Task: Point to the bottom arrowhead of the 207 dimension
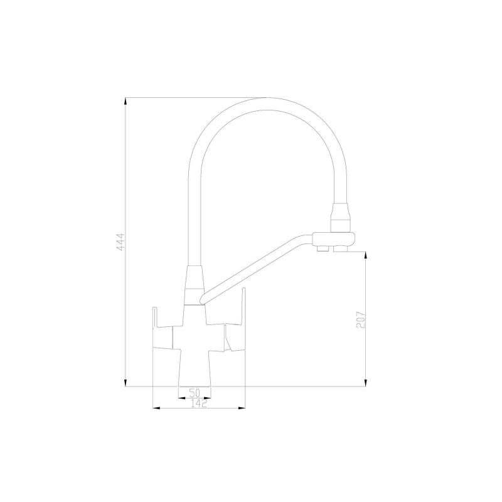tap(366, 382)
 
